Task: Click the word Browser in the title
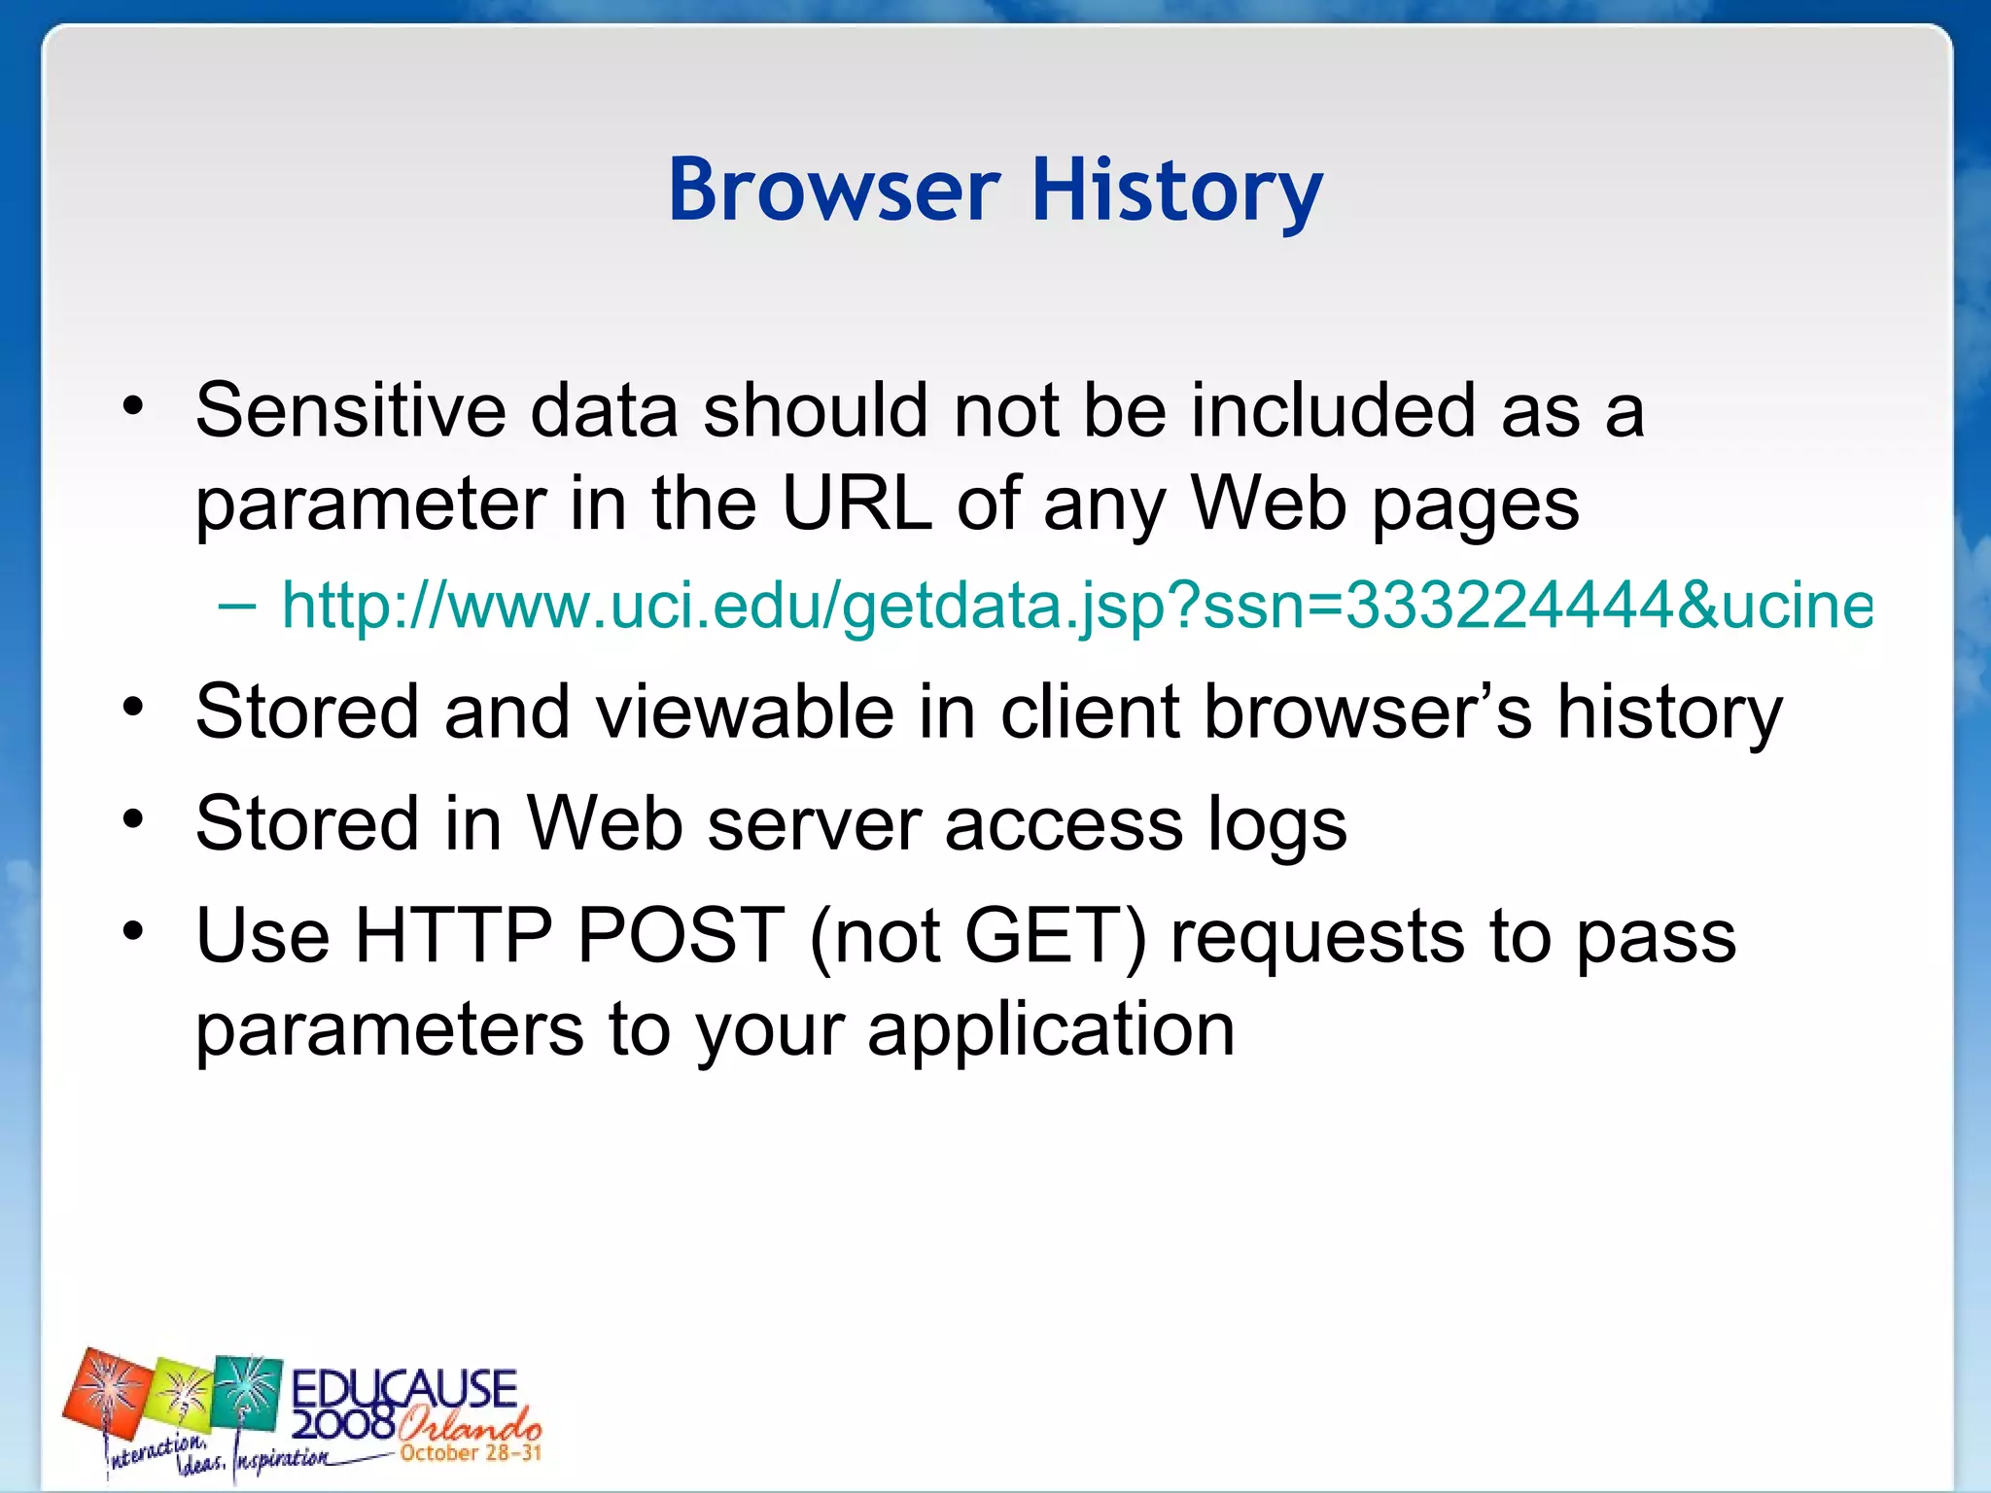(x=834, y=190)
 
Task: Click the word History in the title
(x=1176, y=191)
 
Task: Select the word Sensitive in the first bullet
(x=350, y=410)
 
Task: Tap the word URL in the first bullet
(x=856, y=503)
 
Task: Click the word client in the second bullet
(x=1090, y=712)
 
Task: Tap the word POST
(x=681, y=936)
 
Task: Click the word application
(x=1051, y=1030)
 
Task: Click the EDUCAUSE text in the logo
(x=403, y=1387)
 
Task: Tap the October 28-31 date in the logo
(x=471, y=1453)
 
